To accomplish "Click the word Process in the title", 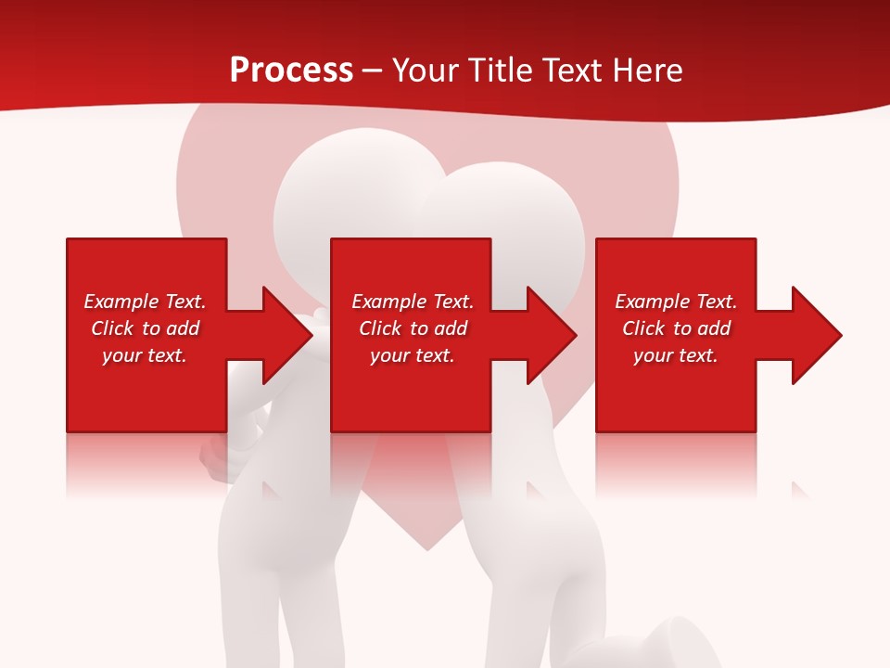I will (x=291, y=71).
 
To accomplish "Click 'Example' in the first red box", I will (x=121, y=302).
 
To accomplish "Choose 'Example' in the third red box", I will (x=653, y=302).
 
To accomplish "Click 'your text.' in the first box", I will (x=145, y=355).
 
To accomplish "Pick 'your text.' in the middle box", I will (x=413, y=355).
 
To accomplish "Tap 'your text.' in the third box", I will (x=676, y=355).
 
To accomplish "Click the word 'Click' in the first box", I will (x=112, y=328).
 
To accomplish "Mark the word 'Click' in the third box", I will (x=643, y=328).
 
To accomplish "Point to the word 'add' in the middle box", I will (x=451, y=328).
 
